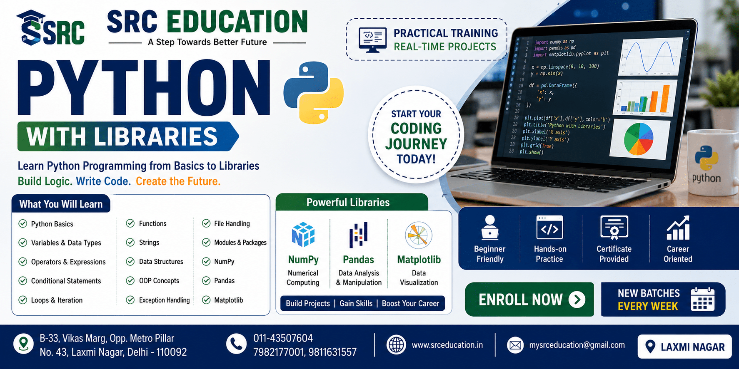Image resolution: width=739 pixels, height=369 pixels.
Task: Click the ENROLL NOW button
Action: pos(529,300)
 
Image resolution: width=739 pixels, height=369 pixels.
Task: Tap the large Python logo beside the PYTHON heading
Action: pos(313,92)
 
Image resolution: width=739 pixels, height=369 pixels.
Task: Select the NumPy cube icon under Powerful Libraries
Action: pos(303,235)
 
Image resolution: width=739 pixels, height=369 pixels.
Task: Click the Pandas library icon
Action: pos(358,235)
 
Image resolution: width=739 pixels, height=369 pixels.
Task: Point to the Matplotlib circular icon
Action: pos(419,235)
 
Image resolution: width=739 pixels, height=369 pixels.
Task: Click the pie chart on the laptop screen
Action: pos(638,139)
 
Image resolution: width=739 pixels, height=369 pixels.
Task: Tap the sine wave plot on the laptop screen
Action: pos(652,57)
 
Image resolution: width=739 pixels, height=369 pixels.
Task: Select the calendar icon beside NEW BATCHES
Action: pos(702,299)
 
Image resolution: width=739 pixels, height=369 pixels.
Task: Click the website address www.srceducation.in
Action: pos(447,345)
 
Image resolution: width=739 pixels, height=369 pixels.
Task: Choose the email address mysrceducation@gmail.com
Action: pos(577,345)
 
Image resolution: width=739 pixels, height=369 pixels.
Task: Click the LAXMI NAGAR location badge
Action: pos(684,347)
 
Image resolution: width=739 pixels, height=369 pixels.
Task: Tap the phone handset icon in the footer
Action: pos(236,344)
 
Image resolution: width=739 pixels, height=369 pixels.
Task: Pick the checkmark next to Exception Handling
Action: pos(130,300)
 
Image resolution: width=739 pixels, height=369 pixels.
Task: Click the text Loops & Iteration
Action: pos(57,300)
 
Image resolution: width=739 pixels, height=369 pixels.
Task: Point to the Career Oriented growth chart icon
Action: pos(678,228)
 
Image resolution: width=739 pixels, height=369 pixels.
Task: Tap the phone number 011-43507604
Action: pos(283,338)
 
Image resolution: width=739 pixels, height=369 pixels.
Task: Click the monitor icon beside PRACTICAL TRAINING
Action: pos(372,40)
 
